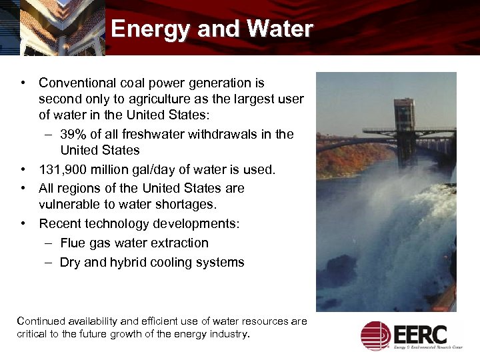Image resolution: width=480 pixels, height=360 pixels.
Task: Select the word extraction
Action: point(180,243)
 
